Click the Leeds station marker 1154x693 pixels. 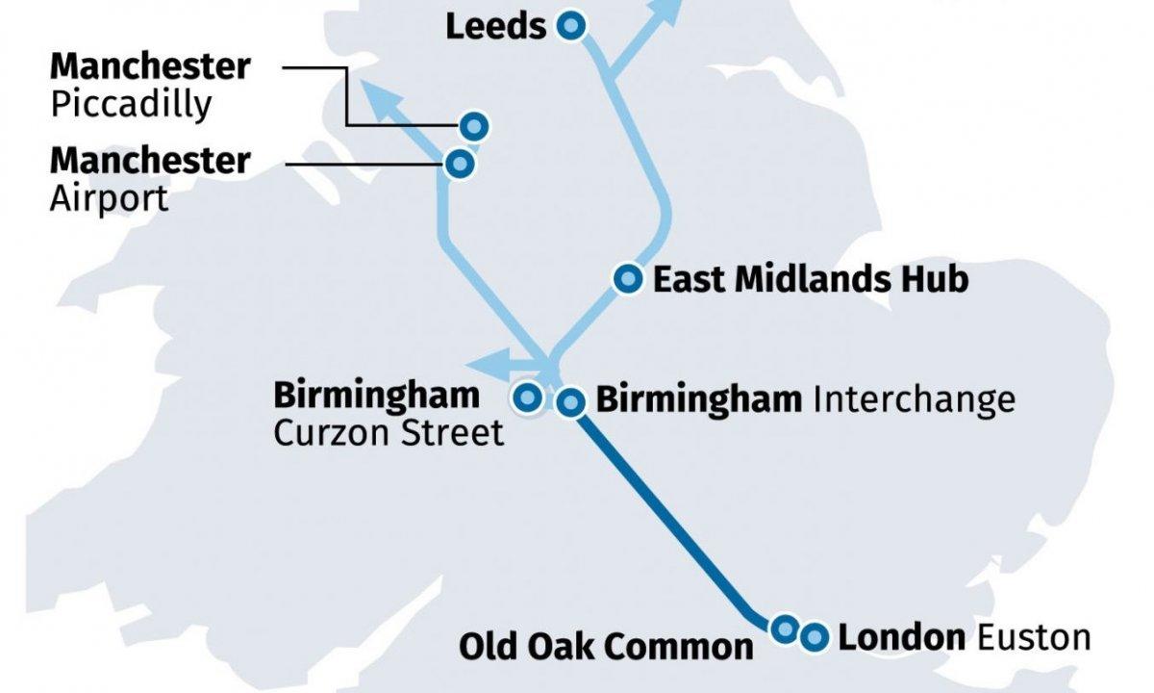[x=571, y=27]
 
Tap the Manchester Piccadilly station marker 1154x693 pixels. [x=474, y=125]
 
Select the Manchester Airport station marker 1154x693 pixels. [x=460, y=164]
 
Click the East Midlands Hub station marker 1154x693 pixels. [x=628, y=279]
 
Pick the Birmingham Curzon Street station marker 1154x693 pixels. [x=527, y=397]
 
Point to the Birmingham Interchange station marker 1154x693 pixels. [x=571, y=402]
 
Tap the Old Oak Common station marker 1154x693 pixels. [x=785, y=629]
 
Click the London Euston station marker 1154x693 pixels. [x=815, y=636]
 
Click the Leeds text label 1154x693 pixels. [x=495, y=27]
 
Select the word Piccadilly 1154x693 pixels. [x=131, y=104]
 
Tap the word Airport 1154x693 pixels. [x=109, y=198]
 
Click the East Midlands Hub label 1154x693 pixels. [x=810, y=280]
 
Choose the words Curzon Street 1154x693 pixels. [x=389, y=433]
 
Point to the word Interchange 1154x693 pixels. [x=914, y=398]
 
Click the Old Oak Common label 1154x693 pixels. [x=606, y=646]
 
